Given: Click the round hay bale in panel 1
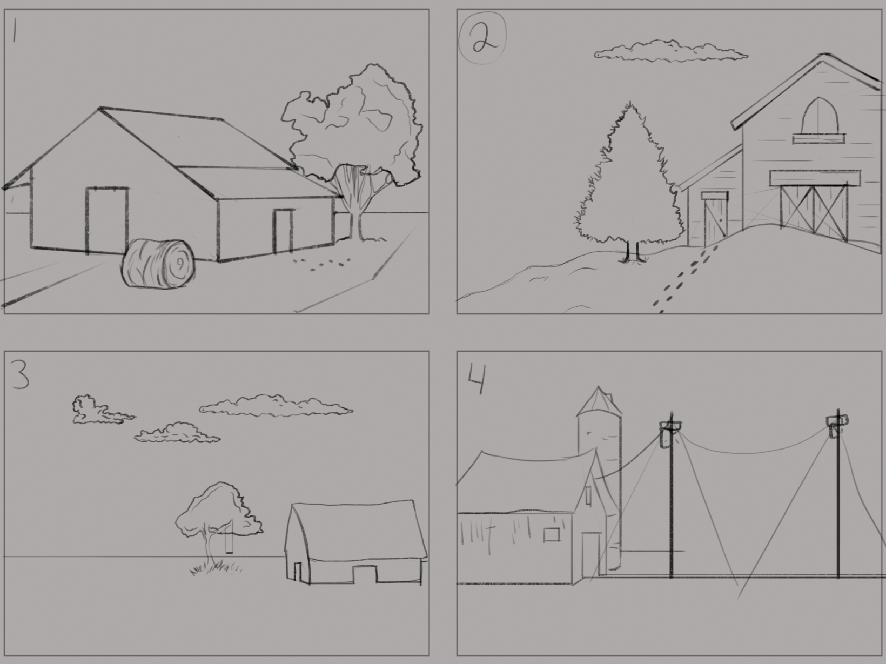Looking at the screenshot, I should (x=158, y=263).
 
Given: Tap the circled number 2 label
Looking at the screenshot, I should (x=482, y=38).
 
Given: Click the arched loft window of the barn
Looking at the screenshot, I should (x=818, y=118).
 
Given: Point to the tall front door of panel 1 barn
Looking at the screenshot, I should (x=107, y=219).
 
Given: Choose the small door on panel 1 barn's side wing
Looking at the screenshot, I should (x=283, y=231).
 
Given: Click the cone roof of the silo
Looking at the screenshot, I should (x=599, y=401).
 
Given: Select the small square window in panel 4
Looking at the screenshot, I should (x=551, y=534).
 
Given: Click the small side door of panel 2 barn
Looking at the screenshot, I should (x=715, y=219).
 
